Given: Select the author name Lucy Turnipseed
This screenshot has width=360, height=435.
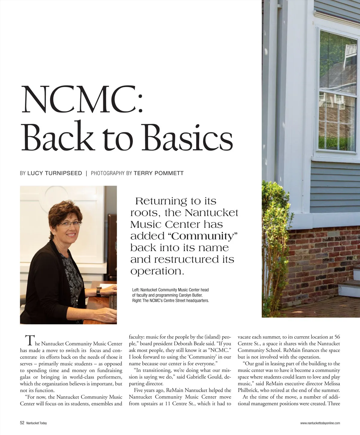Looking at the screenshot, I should pyautogui.click(x=55, y=173).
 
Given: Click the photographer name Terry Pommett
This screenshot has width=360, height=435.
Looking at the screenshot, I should pyautogui.click(x=158, y=173).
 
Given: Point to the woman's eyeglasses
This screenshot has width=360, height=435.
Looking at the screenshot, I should pyautogui.click(x=70, y=223).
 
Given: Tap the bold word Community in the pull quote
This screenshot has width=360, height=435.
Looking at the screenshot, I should pyautogui.click(x=202, y=236).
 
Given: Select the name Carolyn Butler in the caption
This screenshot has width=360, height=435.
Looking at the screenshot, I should pyautogui.click(x=190, y=295).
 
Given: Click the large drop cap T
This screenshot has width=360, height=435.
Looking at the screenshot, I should pyautogui.click(x=29, y=341).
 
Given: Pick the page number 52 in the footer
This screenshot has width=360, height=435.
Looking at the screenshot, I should pyautogui.click(x=22, y=423).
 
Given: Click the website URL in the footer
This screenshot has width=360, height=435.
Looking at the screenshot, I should pyautogui.click(x=320, y=423).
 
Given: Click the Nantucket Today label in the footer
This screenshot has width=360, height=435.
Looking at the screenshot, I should pyautogui.click(x=36, y=423).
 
